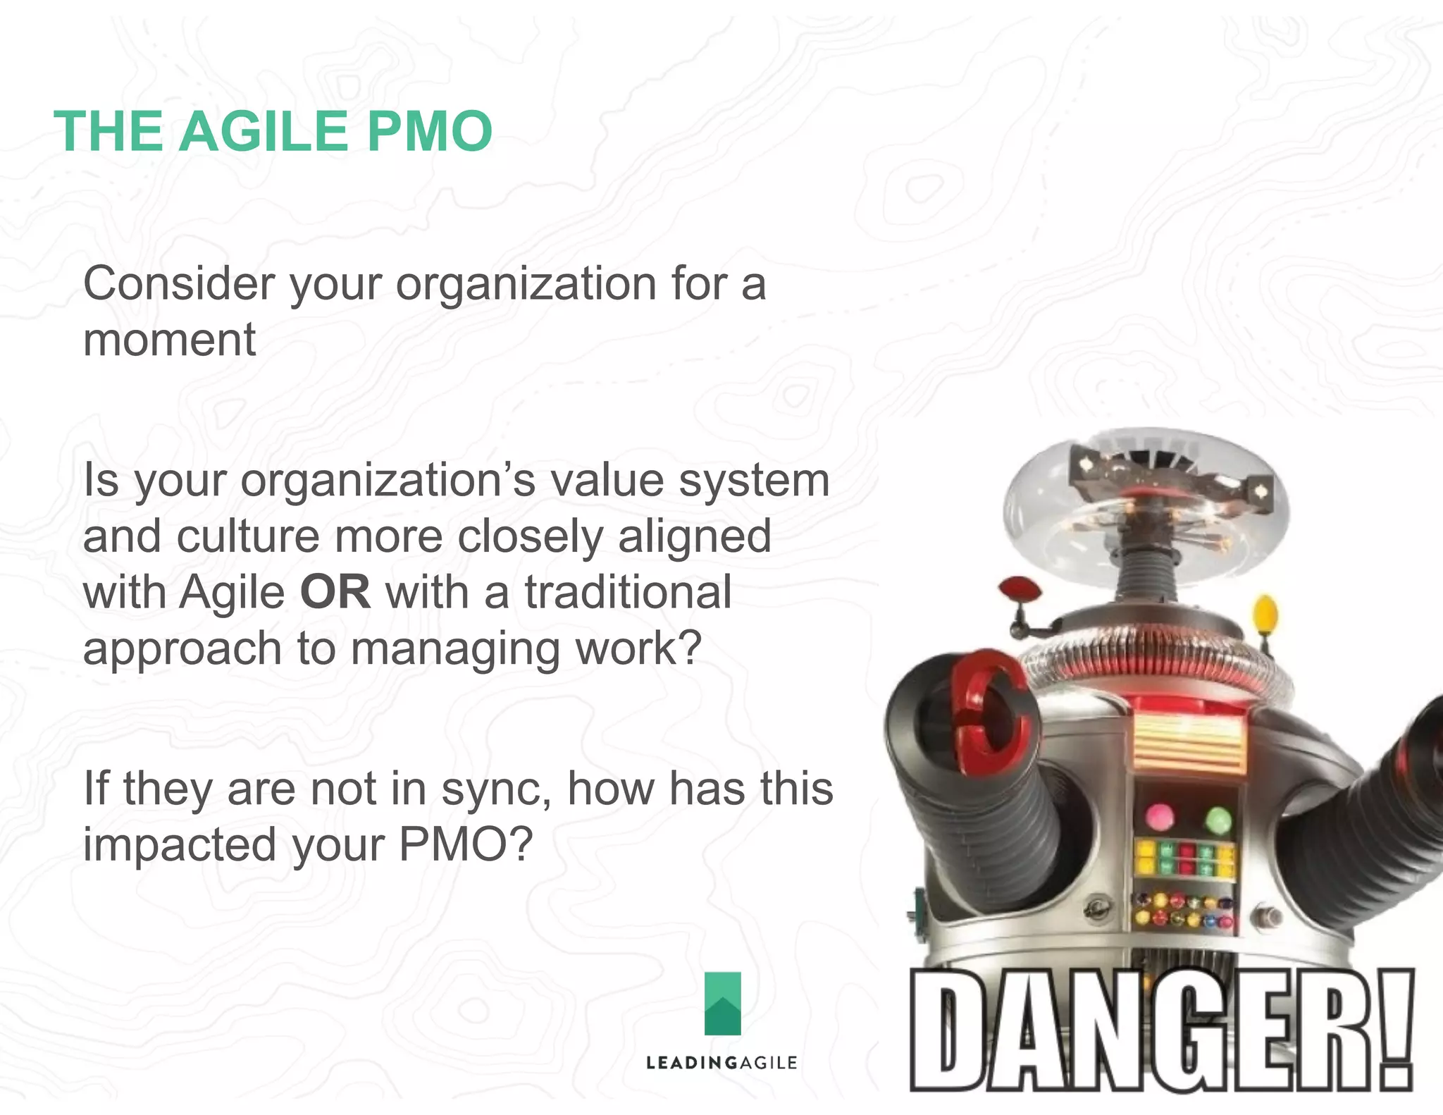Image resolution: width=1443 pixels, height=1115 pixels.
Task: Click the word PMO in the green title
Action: (x=429, y=131)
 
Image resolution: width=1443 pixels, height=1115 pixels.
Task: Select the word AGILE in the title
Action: (x=264, y=131)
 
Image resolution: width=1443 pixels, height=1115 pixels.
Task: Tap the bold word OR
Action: (x=335, y=592)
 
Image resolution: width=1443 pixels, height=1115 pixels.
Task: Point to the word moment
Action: (x=169, y=340)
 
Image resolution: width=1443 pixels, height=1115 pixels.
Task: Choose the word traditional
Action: (x=628, y=592)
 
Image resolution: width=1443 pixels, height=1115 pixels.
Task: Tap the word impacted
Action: (x=180, y=844)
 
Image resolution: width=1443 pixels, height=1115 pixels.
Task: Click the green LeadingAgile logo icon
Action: (x=722, y=1003)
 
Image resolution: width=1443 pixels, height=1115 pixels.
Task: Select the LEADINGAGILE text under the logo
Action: (x=721, y=1063)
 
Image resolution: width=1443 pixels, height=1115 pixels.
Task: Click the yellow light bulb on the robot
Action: (x=1265, y=614)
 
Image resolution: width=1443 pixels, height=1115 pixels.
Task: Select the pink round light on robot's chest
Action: (x=1159, y=817)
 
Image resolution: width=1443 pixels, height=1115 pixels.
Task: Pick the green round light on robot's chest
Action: (x=1218, y=819)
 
